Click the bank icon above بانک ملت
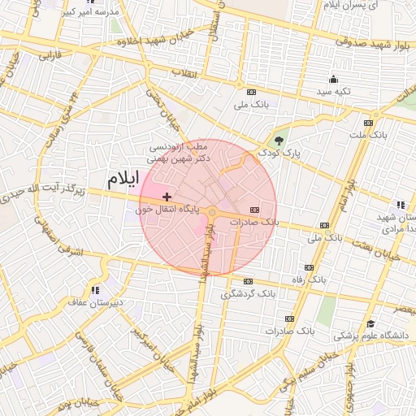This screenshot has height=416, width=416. (x=368, y=123)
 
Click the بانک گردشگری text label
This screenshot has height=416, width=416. (x=249, y=292)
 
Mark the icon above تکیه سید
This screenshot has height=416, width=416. (x=333, y=79)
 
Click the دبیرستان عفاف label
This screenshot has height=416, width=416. (x=94, y=301)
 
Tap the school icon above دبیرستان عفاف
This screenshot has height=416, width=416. (x=95, y=289)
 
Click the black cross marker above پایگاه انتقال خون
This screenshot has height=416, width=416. (x=167, y=197)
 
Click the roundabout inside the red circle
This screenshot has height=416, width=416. (x=213, y=213)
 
